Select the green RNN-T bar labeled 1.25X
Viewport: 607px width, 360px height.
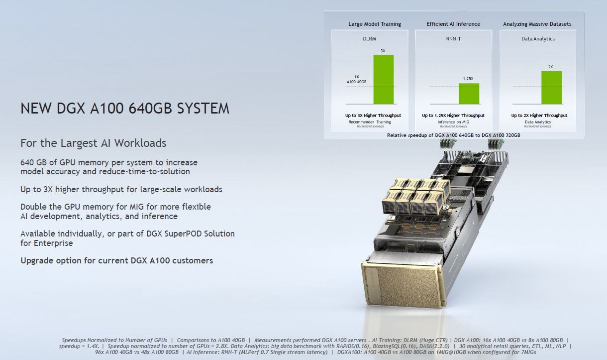[x=469, y=93]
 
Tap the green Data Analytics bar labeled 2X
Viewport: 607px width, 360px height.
[x=551, y=87]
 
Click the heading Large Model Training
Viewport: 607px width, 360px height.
[x=374, y=24]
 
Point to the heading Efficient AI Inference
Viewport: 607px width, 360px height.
[x=453, y=24]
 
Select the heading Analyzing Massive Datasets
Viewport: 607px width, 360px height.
[x=537, y=24]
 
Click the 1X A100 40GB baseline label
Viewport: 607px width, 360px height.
[x=356, y=79]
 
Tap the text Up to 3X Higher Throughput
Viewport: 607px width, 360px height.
[x=373, y=116]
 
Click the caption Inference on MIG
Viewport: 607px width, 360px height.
[x=453, y=122]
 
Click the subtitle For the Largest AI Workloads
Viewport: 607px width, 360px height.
[x=93, y=143]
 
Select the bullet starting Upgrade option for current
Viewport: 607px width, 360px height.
[x=116, y=260]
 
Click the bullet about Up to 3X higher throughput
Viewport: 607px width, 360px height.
[x=121, y=189]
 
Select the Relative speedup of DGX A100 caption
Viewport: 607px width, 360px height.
[x=453, y=135]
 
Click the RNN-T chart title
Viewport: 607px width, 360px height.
[x=453, y=38]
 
